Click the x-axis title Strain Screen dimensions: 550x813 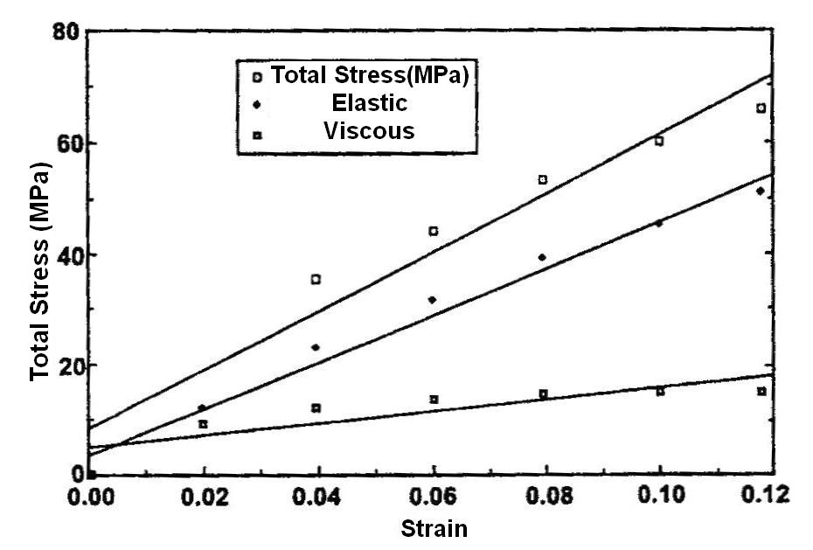pos(434,528)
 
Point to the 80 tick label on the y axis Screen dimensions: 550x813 pos(66,32)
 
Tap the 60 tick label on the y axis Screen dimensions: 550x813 pos(66,143)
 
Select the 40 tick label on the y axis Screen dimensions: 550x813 pos(66,254)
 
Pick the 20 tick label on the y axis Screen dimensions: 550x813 pos(66,366)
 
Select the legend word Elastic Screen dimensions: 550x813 pos(369,103)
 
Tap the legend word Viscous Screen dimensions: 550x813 pos(368,131)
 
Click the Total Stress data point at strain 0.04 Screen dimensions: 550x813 pos(316,280)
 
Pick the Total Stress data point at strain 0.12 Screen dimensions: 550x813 pos(761,108)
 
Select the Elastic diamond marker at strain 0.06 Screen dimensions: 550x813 pos(432,300)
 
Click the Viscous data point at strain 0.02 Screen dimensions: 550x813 pos(203,424)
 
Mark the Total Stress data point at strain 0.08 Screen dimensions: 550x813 pos(543,179)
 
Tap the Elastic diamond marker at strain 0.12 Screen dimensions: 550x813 pos(761,191)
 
